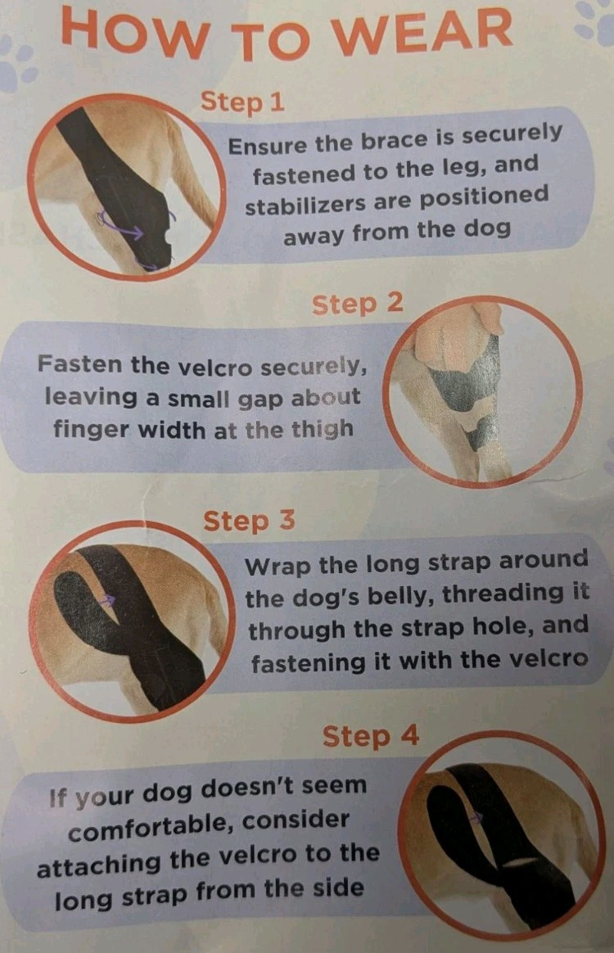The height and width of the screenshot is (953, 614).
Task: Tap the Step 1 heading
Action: [x=242, y=102]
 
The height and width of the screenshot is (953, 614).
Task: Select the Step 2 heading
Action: [x=358, y=303]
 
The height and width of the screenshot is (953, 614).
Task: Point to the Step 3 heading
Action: [x=249, y=521]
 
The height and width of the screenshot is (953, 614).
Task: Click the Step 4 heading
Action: [x=371, y=735]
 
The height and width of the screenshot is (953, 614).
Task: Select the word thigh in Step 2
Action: [x=323, y=429]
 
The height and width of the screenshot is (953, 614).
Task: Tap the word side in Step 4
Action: [x=338, y=888]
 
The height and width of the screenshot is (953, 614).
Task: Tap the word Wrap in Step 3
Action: [x=278, y=567]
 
